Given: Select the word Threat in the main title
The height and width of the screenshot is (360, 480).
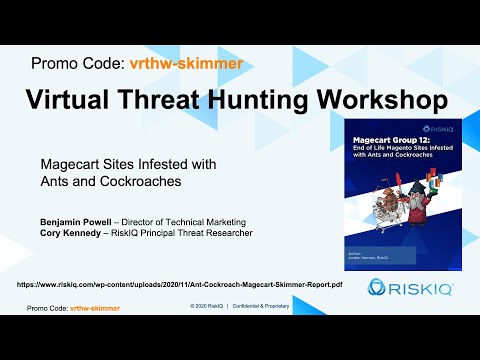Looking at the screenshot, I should (x=186, y=100).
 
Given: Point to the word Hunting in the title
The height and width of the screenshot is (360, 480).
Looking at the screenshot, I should (x=286, y=100).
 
